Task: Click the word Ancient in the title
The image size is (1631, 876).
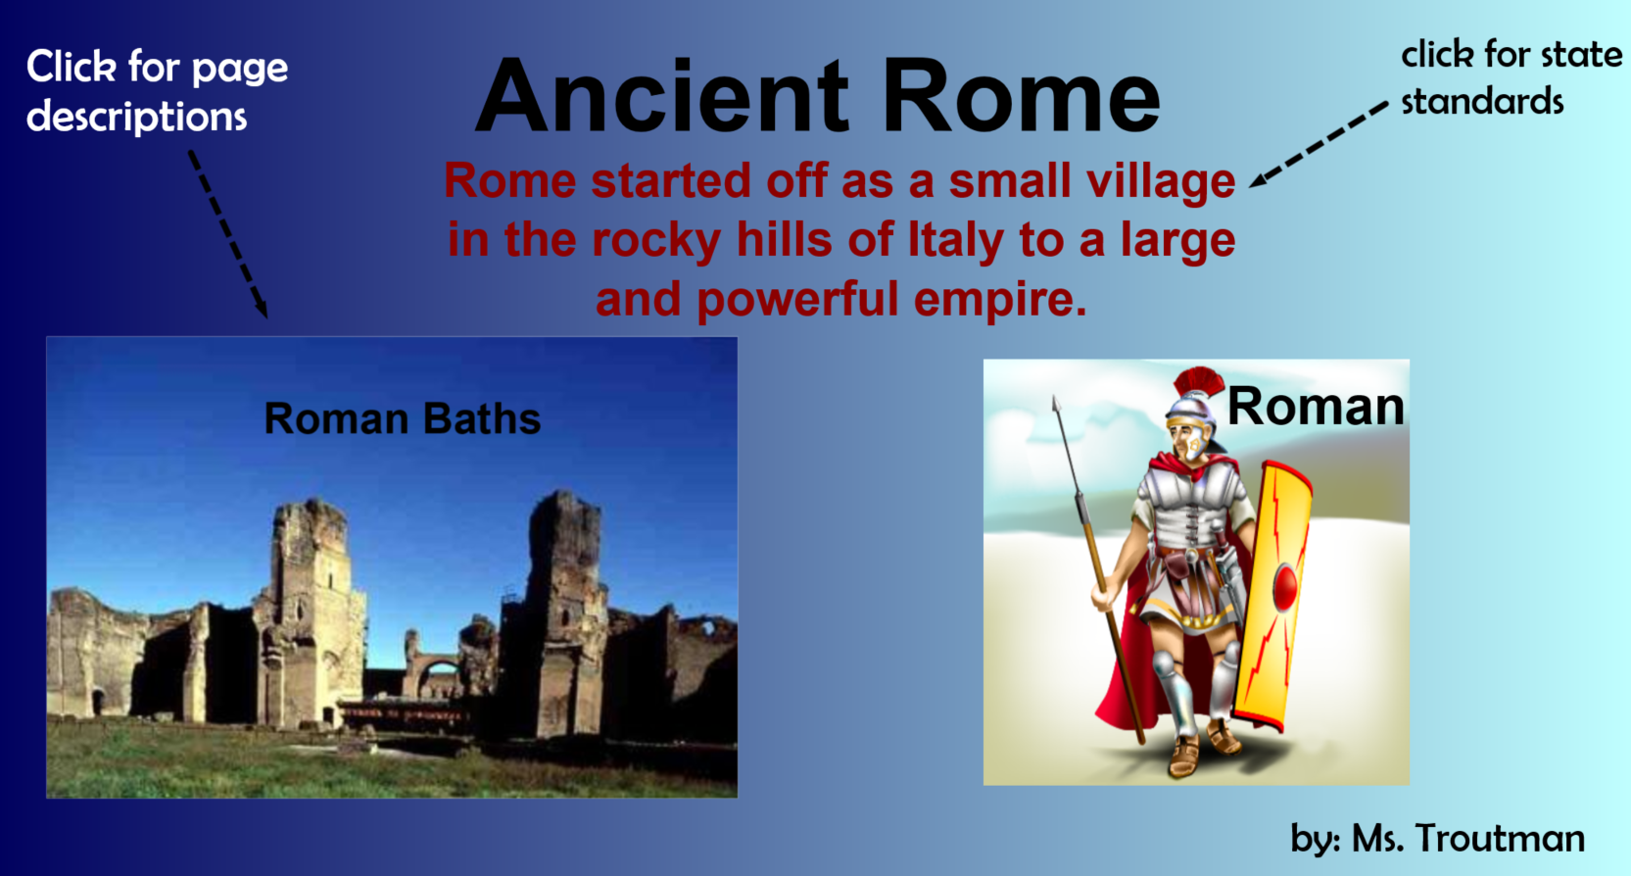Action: [x=662, y=96]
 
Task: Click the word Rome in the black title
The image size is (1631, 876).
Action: [x=1022, y=96]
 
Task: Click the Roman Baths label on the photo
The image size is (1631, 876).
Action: [x=402, y=418]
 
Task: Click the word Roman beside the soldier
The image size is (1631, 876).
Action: [x=1316, y=406]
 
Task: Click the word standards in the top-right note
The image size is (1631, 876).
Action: [x=1482, y=101]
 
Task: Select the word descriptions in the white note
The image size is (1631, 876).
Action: [x=137, y=117]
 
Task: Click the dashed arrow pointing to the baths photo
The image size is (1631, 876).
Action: [x=228, y=234]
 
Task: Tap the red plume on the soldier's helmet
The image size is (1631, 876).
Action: [x=1198, y=381]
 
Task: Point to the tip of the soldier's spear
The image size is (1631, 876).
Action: [x=1056, y=400]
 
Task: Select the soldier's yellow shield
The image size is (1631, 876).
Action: [x=1271, y=596]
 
